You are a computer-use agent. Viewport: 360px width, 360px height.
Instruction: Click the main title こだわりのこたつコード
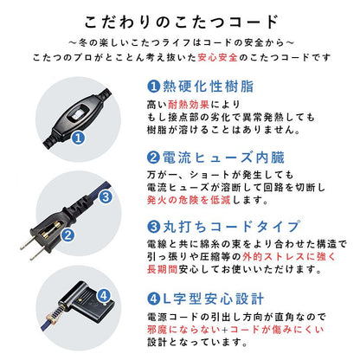[x=180, y=22]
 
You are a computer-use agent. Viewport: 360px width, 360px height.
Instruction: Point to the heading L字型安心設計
[x=208, y=299]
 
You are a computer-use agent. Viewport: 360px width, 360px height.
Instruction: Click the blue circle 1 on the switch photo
[x=78, y=137]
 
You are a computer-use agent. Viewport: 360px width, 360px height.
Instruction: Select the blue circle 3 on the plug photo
[x=105, y=196]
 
